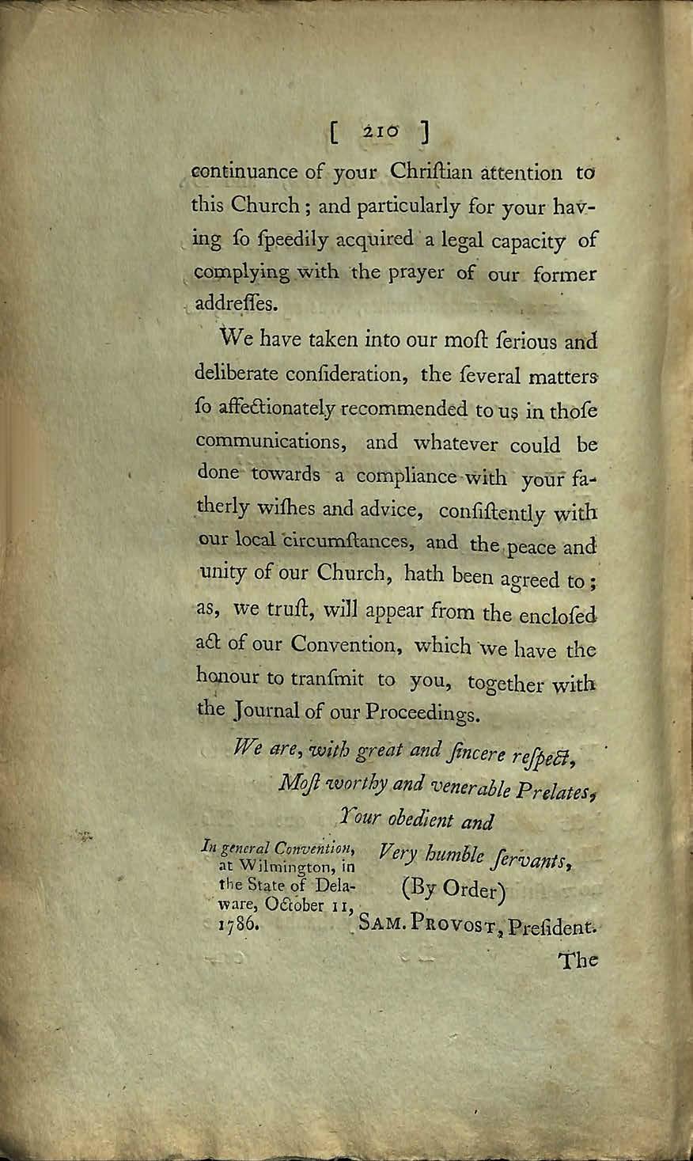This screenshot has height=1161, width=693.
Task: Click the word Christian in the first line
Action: pyautogui.click(x=433, y=172)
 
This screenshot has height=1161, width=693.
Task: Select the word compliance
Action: pyautogui.click(x=407, y=477)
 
